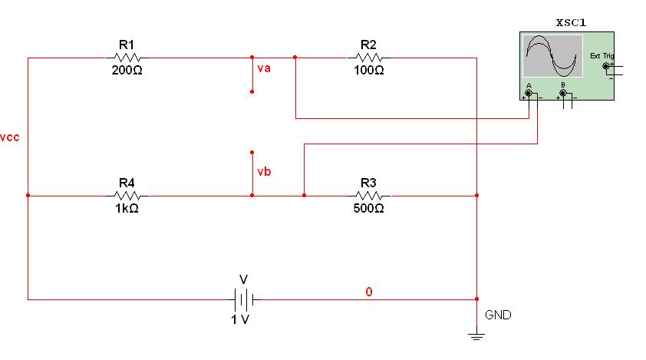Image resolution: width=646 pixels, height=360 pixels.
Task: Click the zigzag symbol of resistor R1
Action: pyautogui.click(x=127, y=58)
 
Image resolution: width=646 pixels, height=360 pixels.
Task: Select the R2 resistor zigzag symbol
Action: pyautogui.click(x=369, y=58)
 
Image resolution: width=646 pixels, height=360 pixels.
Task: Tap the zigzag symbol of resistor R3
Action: pyautogui.click(x=369, y=196)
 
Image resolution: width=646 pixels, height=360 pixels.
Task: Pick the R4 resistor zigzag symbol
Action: pyautogui.click(x=127, y=196)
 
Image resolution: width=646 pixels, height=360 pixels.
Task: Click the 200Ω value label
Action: pyautogui.click(x=127, y=71)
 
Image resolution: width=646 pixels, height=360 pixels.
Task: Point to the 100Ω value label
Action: pyautogui.click(x=369, y=71)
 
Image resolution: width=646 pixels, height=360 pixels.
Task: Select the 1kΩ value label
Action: pyautogui.click(x=127, y=209)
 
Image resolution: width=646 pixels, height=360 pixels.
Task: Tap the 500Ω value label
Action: pyautogui.click(x=369, y=208)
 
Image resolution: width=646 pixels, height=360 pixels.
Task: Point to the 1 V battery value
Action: pyautogui.click(x=240, y=319)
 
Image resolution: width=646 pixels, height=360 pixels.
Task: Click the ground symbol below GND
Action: pyautogui.click(x=476, y=334)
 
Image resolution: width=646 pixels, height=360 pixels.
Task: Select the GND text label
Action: pyautogui.click(x=498, y=315)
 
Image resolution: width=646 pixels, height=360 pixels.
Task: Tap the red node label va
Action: pyautogui.click(x=264, y=68)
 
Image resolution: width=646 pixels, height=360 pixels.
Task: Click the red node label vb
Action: pyautogui.click(x=264, y=171)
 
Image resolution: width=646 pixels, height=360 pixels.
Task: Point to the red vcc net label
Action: pyautogui.click(x=10, y=137)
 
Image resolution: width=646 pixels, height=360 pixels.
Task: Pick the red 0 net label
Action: pyautogui.click(x=369, y=292)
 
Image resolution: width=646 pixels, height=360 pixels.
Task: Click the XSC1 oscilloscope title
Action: pyautogui.click(x=571, y=23)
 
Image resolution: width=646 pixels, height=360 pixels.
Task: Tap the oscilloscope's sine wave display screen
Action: pyautogui.click(x=552, y=56)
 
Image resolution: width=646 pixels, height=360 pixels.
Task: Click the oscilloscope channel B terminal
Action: pyautogui.click(x=563, y=93)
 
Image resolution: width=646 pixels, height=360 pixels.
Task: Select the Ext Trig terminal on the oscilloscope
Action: pyautogui.click(x=605, y=66)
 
